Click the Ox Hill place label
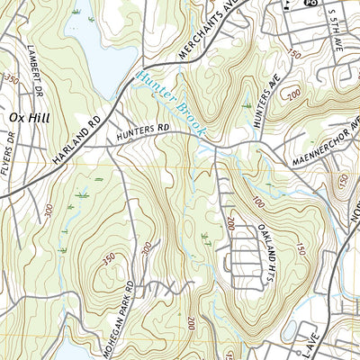(x=27, y=118)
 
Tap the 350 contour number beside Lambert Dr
(x=11, y=80)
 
